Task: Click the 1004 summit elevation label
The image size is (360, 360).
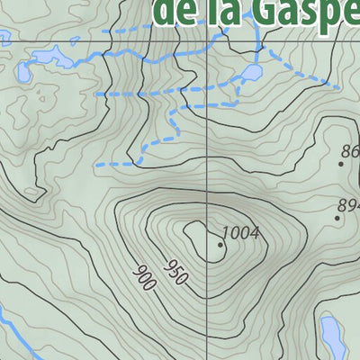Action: [241, 234]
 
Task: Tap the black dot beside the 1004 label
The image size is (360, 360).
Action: [220, 244]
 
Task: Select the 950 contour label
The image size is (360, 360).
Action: [175, 273]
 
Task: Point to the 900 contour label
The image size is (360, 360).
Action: [144, 278]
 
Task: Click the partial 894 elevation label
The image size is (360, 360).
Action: [349, 206]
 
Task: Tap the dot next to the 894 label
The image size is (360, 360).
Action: [338, 217]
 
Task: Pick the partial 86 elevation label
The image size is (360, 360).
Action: [351, 152]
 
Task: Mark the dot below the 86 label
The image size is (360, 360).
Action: [342, 164]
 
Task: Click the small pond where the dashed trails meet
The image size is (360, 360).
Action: [253, 71]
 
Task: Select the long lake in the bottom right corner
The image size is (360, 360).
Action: [333, 337]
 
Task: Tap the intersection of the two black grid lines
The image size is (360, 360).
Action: [207, 41]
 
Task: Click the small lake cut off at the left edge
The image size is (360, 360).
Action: [21, 72]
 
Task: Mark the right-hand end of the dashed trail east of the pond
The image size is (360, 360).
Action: [337, 88]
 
